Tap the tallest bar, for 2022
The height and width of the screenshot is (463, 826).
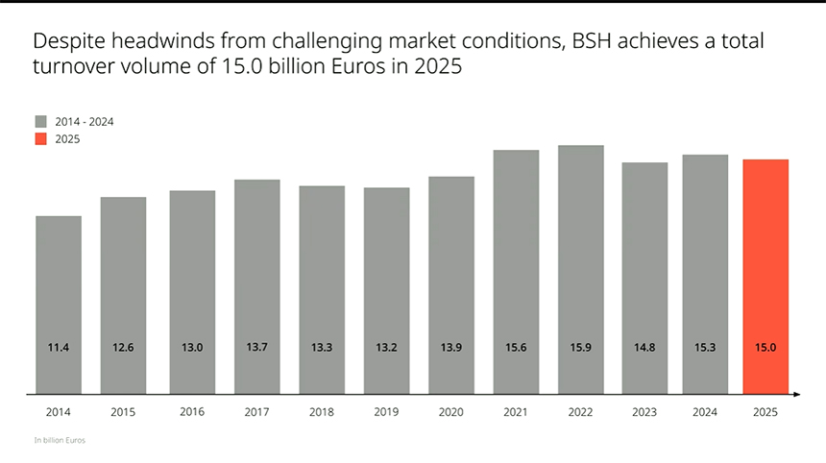[581, 269]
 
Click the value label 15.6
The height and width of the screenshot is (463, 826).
[516, 347]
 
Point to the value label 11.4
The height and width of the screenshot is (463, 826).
[59, 347]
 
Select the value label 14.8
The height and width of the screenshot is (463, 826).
[644, 347]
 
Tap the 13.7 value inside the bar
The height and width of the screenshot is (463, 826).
[256, 347]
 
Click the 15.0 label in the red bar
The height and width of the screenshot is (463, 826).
[765, 347]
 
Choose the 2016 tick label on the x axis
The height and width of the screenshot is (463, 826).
[192, 411]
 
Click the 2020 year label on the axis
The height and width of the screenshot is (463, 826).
[451, 411]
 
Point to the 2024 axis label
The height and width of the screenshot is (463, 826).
[705, 411]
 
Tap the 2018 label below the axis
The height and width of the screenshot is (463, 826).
[322, 411]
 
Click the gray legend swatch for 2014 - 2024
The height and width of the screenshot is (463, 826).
[41, 122]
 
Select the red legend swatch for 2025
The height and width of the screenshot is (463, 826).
[41, 139]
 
